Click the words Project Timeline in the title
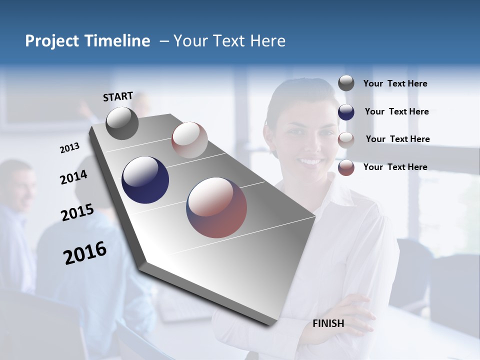(87, 41)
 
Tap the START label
(118, 96)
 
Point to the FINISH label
(328, 323)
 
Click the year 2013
(69, 148)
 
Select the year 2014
(73, 177)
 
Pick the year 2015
(77, 212)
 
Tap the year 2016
(85, 253)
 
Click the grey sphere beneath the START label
(122, 123)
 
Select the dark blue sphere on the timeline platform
(145, 180)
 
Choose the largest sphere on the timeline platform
(216, 207)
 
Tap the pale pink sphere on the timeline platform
(189, 140)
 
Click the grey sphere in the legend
(346, 83)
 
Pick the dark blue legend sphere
(346, 112)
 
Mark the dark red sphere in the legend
(346, 167)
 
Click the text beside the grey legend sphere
(395, 84)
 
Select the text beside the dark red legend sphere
(395, 167)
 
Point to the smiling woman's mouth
(311, 161)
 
